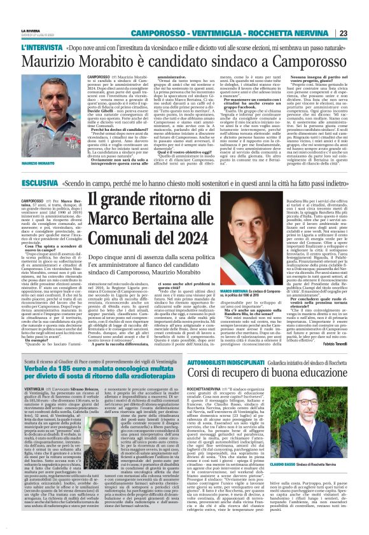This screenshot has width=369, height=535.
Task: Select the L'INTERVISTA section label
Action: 41,48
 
